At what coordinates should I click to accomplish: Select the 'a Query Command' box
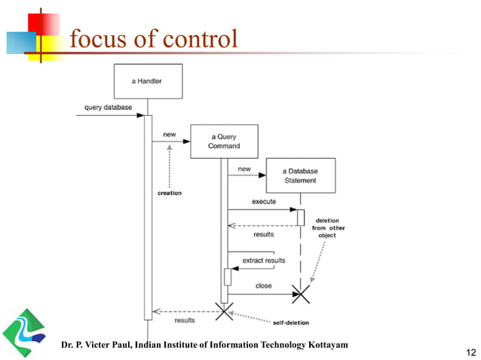[x=224, y=141]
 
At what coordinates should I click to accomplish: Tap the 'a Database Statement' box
[x=300, y=175]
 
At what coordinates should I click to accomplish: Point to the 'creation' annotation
[x=169, y=194]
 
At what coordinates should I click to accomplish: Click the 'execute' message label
[x=264, y=202]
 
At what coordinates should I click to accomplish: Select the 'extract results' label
[x=264, y=261]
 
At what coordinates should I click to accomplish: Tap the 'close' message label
[x=263, y=286]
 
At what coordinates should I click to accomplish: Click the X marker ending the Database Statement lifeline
[x=300, y=294]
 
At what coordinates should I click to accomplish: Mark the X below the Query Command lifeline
[x=224, y=311]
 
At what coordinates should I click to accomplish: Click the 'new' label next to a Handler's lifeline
[x=170, y=136]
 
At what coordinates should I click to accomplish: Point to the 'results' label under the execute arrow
[x=263, y=234]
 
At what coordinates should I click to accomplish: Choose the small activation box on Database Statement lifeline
[x=300, y=216]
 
